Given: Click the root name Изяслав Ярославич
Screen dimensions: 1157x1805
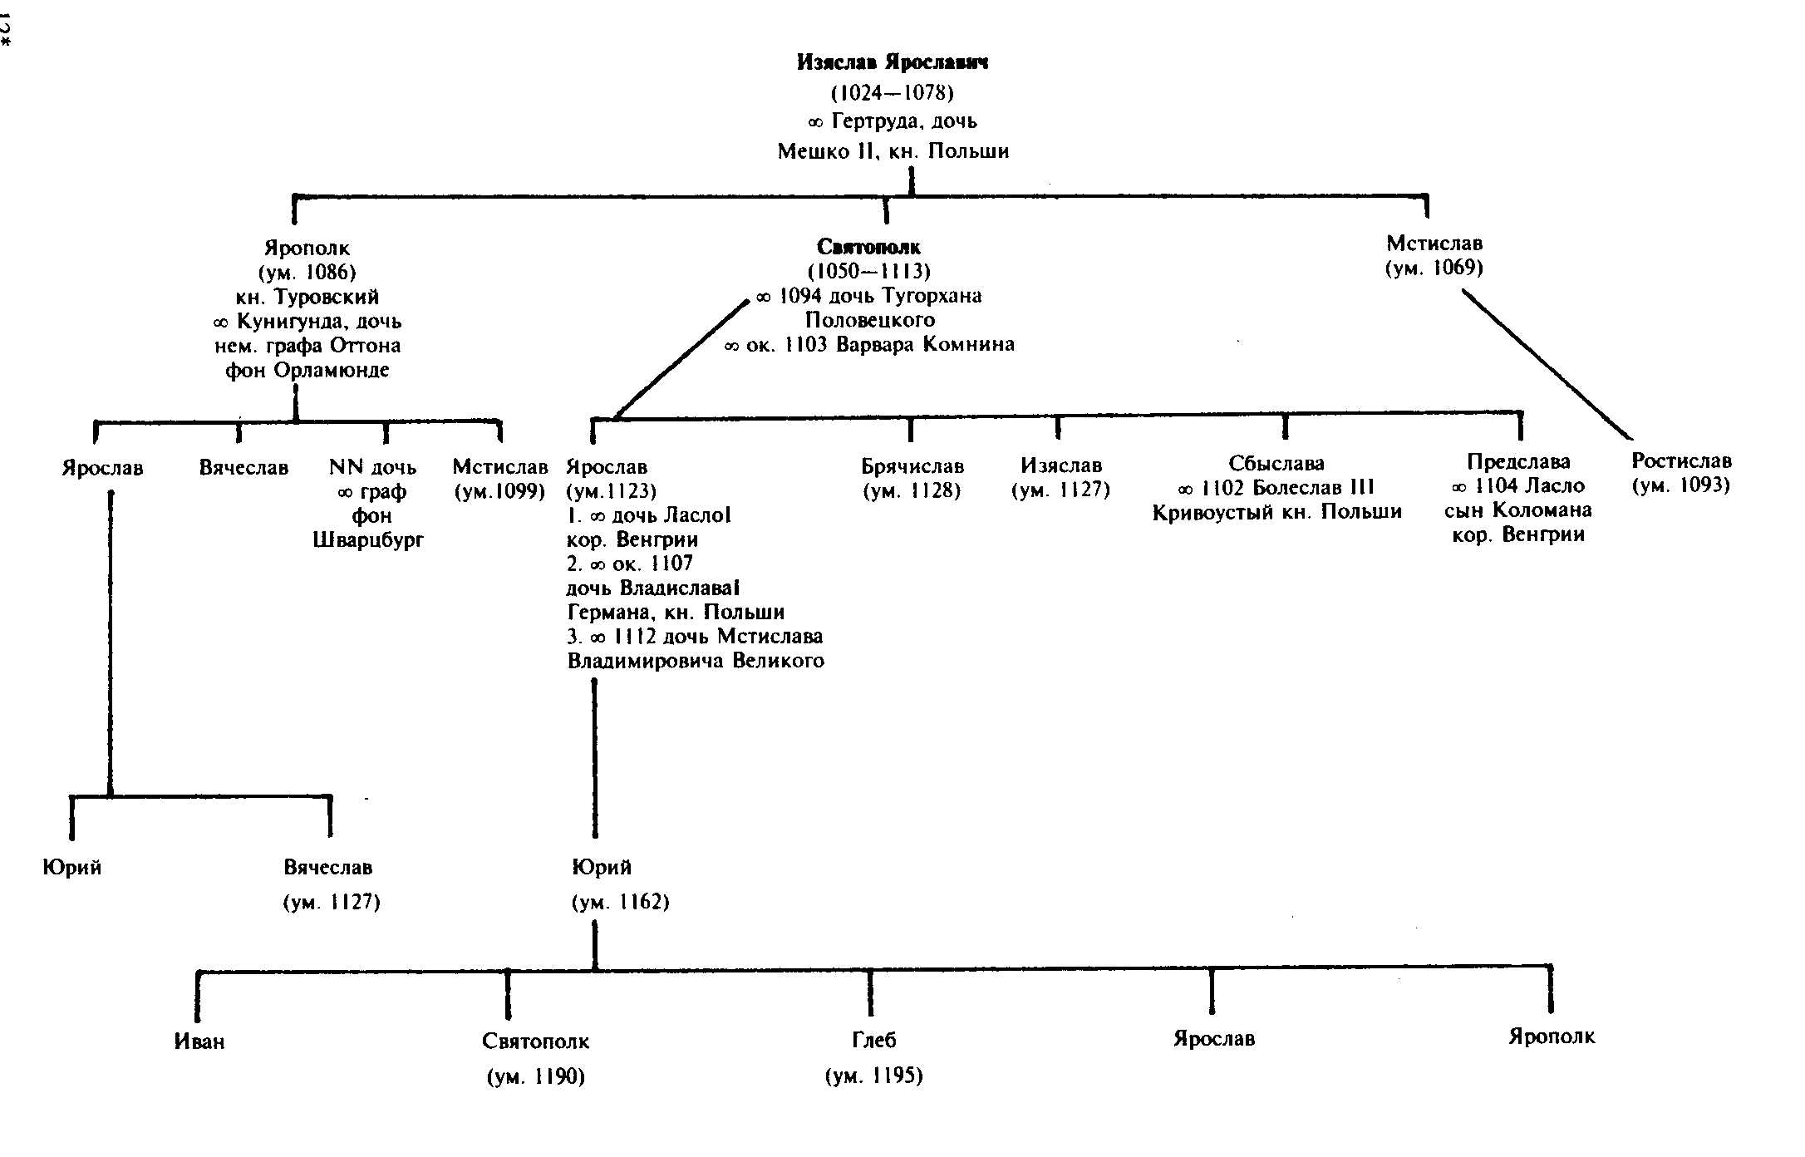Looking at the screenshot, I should pos(893,62).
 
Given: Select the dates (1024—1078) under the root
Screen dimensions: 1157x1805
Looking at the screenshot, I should pos(893,91).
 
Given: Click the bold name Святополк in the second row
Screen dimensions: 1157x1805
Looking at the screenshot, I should pos(868,247).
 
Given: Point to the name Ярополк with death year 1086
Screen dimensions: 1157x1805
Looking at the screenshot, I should pos(307,249).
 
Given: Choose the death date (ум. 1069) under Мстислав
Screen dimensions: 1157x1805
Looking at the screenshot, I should pos(1434,268).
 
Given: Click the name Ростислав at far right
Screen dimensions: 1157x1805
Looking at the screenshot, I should pos(1681,461).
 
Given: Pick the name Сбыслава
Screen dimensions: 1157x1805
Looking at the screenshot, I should pos(1276,463).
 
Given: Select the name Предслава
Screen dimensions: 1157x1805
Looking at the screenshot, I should pos(1518,462).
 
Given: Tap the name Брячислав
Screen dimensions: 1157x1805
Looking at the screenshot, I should pos(912,466).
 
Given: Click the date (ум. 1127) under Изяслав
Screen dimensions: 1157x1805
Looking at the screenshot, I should pos(1060,490).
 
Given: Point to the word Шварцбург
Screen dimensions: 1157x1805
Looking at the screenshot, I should pos(368,540).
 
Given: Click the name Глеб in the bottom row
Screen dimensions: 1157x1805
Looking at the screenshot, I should pos(874,1041).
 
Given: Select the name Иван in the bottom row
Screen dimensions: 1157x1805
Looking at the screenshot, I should pos(199,1041).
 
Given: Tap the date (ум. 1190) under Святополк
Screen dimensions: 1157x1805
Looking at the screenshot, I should pos(536,1077).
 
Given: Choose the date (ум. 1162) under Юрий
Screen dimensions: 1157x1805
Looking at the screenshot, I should pos(621,903).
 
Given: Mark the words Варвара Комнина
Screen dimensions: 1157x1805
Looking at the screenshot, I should pos(925,345).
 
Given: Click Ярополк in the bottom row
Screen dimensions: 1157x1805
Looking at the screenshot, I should pos(1552,1037).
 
